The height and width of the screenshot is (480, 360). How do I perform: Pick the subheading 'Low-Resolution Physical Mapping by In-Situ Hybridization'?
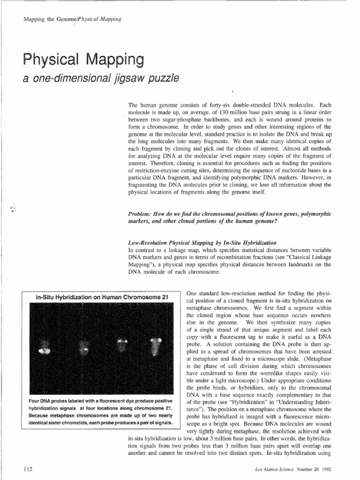point(202,243)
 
